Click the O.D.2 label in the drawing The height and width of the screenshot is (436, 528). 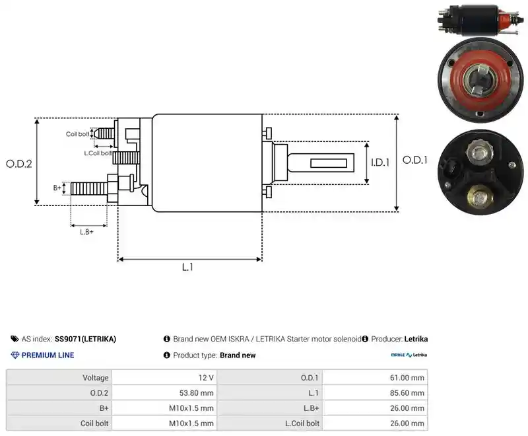pyautogui.click(x=19, y=164)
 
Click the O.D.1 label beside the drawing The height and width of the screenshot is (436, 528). pyautogui.click(x=415, y=160)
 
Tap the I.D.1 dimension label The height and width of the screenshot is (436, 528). pyautogui.click(x=380, y=163)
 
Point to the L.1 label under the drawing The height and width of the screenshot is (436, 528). pyautogui.click(x=187, y=267)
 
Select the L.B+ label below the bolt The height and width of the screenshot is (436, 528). pyautogui.click(x=86, y=232)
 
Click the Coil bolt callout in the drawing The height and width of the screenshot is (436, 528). pyautogui.click(x=77, y=134)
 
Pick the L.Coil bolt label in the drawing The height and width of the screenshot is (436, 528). pyautogui.click(x=98, y=153)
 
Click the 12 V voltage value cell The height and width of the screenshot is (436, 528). pyautogui.click(x=164, y=377)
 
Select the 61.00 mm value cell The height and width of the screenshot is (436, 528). pyautogui.click(x=375, y=377)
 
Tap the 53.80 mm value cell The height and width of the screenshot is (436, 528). pyautogui.click(x=164, y=393)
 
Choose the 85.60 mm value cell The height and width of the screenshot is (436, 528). pyautogui.click(x=375, y=393)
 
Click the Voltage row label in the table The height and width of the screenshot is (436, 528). pyautogui.click(x=96, y=378)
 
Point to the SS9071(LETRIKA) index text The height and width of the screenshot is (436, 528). pyautogui.click(x=85, y=339)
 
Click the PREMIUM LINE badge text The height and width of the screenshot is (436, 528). pyautogui.click(x=48, y=355)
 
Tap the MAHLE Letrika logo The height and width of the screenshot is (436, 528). pyautogui.click(x=409, y=355)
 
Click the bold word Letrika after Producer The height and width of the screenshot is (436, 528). pyautogui.click(x=416, y=339)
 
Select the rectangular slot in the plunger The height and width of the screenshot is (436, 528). pyautogui.click(x=329, y=163)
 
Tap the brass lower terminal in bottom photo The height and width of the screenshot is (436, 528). pyautogui.click(x=480, y=197)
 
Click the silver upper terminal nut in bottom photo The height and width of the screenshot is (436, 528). pyautogui.click(x=480, y=153)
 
